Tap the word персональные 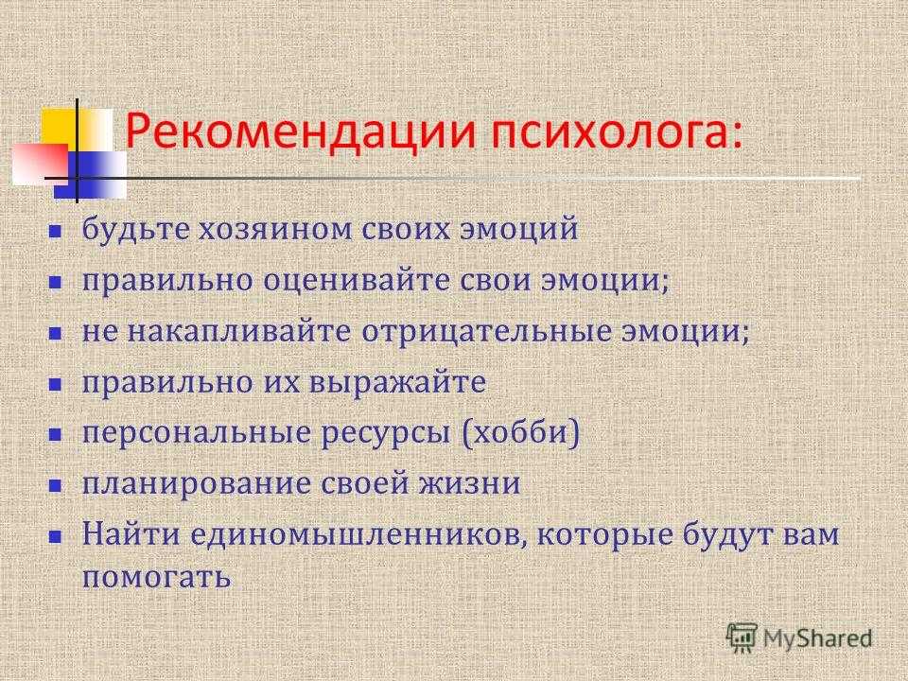197,433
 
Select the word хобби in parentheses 520,433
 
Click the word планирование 197,484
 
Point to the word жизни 470,484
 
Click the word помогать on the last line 156,577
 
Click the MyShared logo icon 742,637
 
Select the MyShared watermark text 817,638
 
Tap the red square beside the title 40,164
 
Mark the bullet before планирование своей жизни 55,485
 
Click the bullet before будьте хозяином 55,232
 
